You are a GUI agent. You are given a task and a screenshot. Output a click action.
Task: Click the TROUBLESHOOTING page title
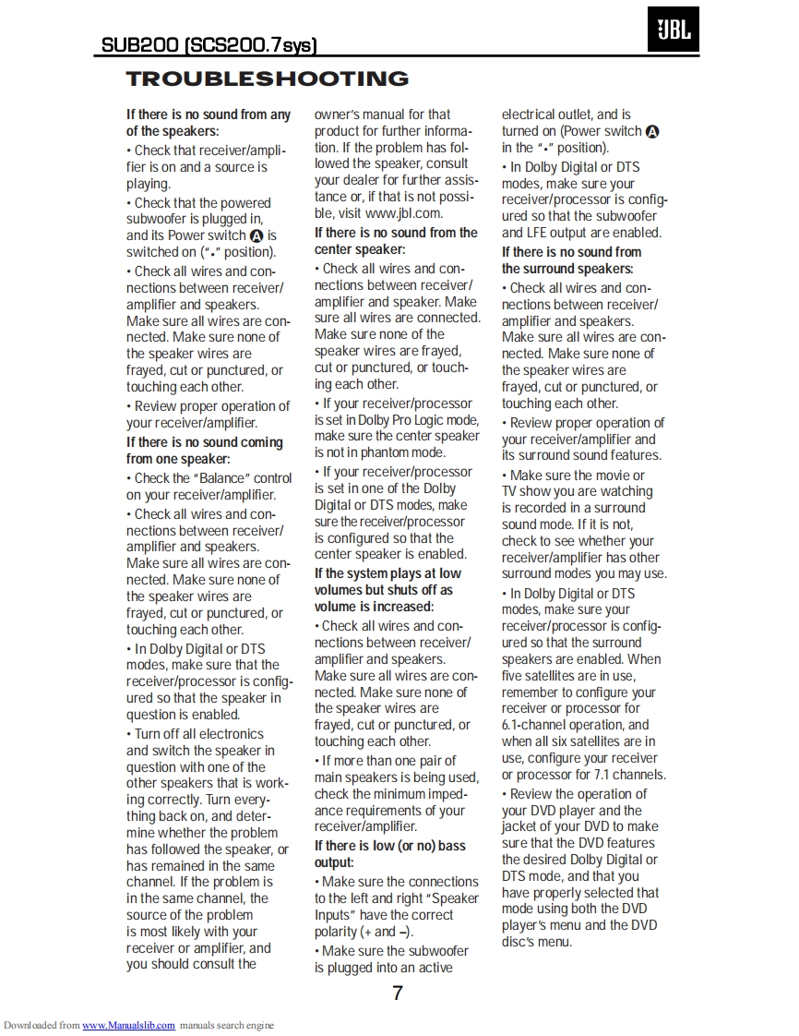[267, 79]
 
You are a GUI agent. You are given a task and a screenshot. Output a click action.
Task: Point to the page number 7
[398, 994]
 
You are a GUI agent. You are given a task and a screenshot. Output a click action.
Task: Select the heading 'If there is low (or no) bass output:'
[389, 854]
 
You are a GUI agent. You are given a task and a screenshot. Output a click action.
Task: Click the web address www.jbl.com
[403, 213]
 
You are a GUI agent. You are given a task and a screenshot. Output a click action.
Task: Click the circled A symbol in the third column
[652, 132]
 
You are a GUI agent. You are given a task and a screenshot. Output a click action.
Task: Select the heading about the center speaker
[396, 241]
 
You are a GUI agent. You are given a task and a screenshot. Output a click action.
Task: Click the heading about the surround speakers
[571, 260]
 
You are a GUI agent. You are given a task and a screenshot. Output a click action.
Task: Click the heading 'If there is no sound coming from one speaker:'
[204, 451]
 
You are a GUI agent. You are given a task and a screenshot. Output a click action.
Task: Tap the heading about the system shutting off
[387, 590]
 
